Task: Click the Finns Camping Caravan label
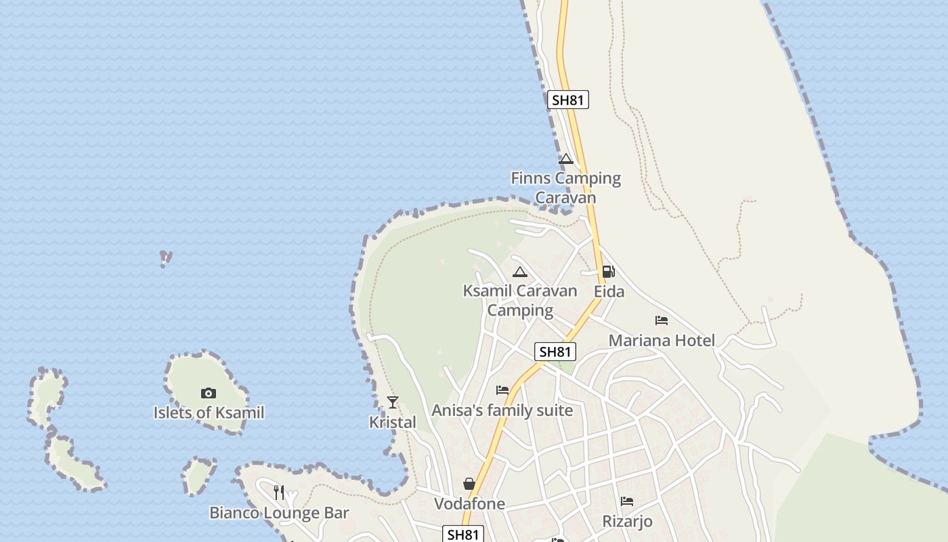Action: pos(565,188)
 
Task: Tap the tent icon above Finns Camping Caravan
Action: pos(566,159)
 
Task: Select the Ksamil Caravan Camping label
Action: pos(520,300)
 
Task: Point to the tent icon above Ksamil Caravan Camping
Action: pos(520,272)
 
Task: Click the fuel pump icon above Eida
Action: pos(609,272)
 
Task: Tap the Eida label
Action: pos(609,291)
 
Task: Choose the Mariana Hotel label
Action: pos(662,340)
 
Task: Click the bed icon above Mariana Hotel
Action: pos(662,320)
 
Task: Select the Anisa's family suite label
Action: pos(502,410)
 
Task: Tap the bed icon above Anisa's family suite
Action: pos(502,390)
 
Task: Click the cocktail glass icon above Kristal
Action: pos(393,402)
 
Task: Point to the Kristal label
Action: pos(393,422)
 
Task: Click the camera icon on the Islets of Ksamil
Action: pos(209,393)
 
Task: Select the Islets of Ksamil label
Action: pos(209,413)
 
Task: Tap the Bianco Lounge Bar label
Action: pos(279,512)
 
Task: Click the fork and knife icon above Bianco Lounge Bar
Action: pos(279,493)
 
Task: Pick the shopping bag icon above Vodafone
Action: pos(469,484)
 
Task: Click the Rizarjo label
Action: pos(628,521)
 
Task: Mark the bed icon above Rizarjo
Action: pos(628,501)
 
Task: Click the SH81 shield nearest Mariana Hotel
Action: pos(555,352)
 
